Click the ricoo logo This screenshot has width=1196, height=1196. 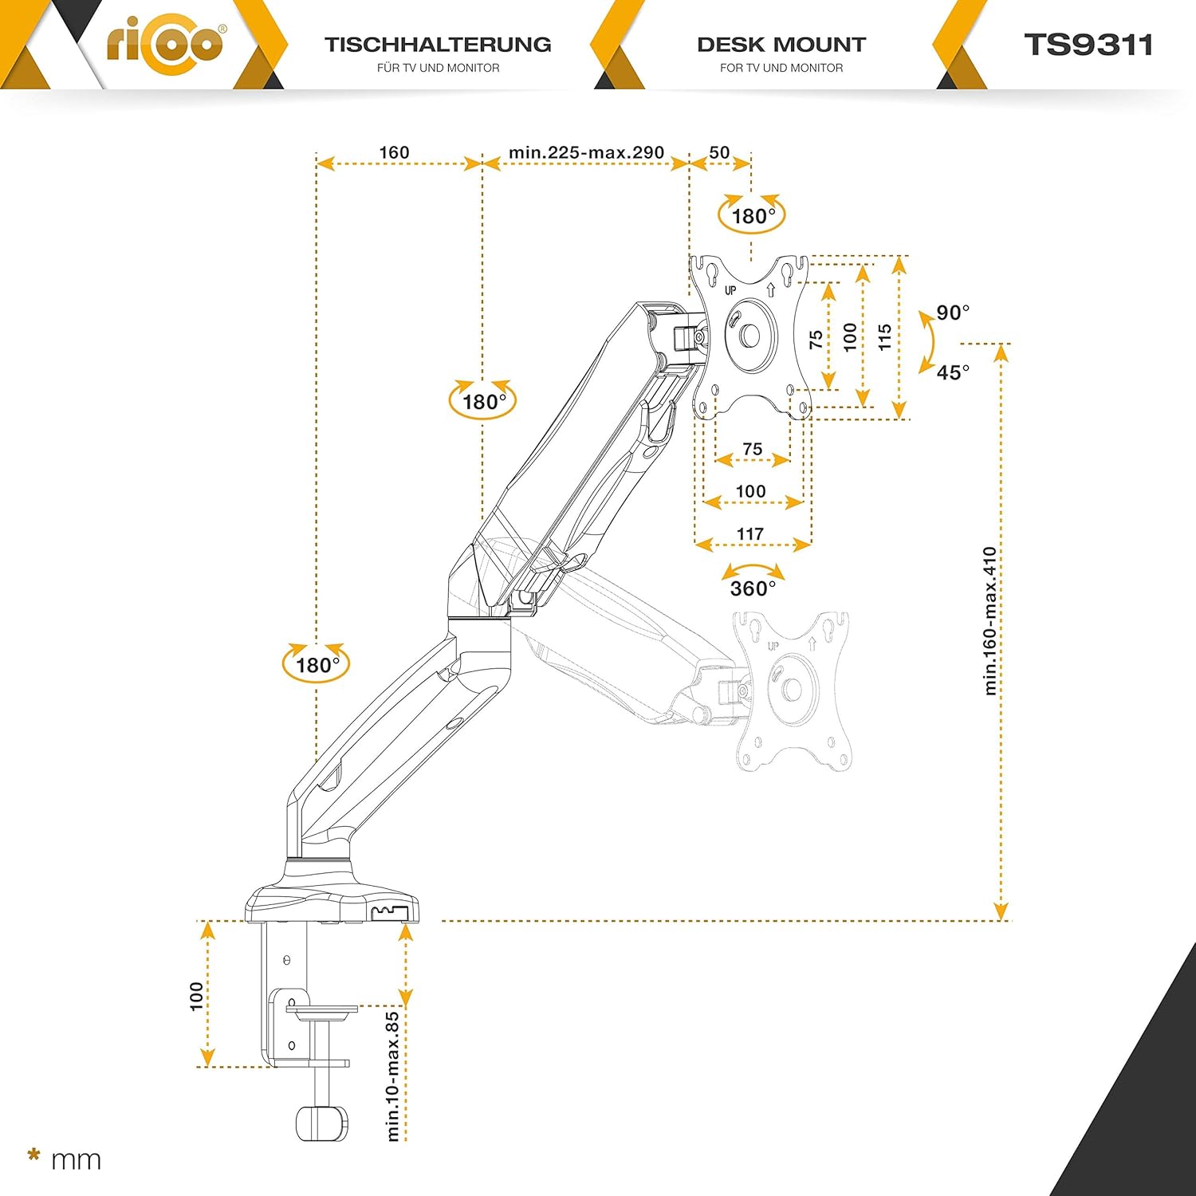tap(166, 43)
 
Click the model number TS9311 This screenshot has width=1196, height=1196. tap(1088, 45)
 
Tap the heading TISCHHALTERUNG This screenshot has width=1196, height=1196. tap(438, 45)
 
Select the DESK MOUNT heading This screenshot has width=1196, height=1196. tap(781, 45)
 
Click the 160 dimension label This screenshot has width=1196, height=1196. tap(394, 152)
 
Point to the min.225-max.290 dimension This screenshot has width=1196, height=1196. tap(586, 152)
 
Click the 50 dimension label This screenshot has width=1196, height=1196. tap(719, 152)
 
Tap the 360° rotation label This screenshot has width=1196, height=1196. tap(753, 588)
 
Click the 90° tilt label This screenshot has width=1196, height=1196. tap(953, 312)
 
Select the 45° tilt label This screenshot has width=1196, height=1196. tap(953, 372)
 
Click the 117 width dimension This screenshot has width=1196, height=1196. tap(750, 533)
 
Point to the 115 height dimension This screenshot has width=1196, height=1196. tap(884, 337)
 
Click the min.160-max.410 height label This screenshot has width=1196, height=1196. tap(989, 621)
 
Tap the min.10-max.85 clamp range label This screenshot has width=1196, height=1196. tap(392, 1076)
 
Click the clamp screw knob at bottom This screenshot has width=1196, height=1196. tap(322, 1123)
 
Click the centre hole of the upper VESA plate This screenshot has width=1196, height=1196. tap(749, 336)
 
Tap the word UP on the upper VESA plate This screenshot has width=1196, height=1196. tap(730, 290)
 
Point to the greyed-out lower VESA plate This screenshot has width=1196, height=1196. tap(792, 691)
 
